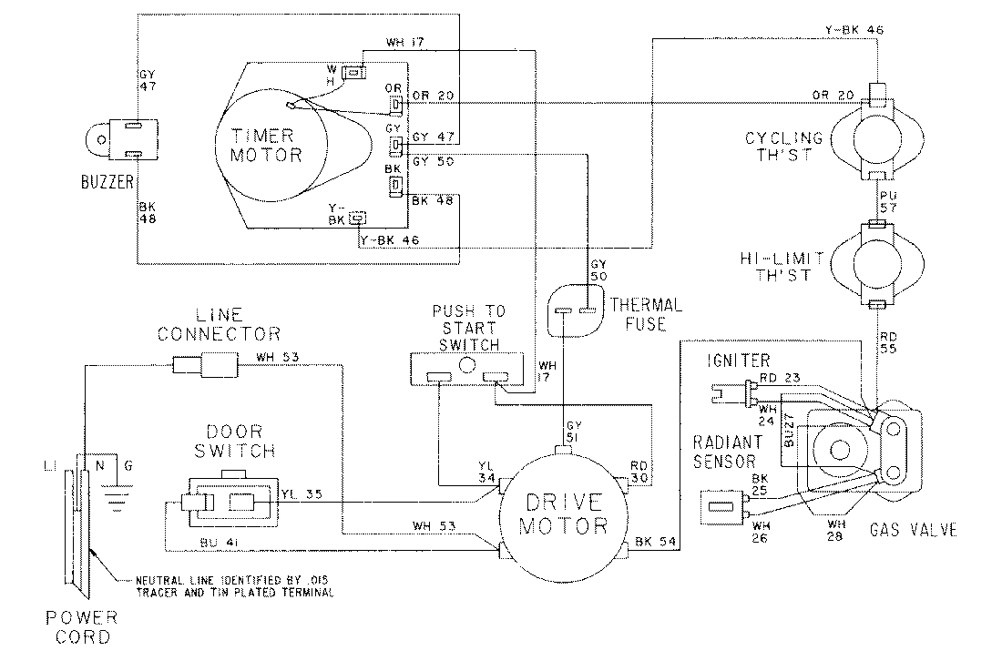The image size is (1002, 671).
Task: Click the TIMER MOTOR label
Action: click(267, 145)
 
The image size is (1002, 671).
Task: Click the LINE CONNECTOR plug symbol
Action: click(205, 366)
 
